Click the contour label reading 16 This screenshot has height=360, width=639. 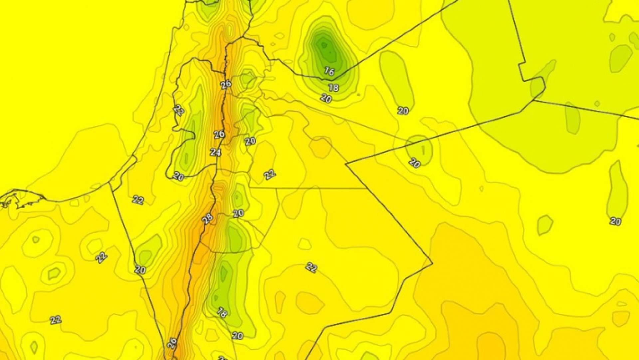coord(329,71)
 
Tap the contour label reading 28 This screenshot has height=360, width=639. coord(207,219)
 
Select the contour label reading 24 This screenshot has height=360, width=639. coord(215,152)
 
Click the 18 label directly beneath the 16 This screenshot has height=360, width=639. coord(333,88)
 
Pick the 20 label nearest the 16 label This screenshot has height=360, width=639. coord(326,98)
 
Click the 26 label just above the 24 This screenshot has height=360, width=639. coord(219,134)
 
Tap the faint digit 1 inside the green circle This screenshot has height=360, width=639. coord(423,150)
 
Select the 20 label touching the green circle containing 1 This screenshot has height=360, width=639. coord(415,163)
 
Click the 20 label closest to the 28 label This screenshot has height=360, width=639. coord(238,213)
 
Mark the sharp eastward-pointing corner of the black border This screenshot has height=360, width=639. coord(432,263)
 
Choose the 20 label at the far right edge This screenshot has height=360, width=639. coord(615,221)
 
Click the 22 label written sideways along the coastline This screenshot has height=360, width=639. coord(179,110)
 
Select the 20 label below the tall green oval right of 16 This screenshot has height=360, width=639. coord(403,111)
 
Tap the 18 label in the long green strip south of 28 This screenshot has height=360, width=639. coord(222,312)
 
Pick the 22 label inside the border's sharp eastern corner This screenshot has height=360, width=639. coord(312,267)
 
